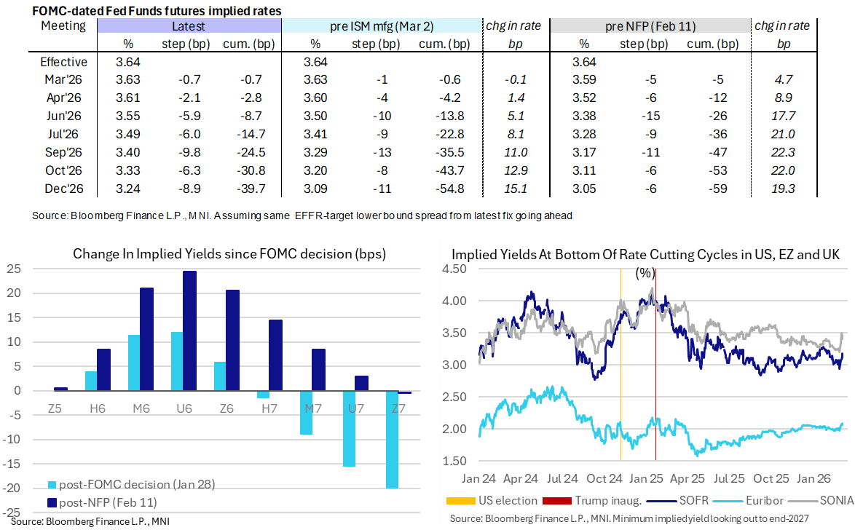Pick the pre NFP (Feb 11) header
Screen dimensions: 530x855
tap(650, 26)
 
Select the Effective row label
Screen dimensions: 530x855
tap(64, 62)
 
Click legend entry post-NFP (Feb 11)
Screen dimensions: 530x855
tap(101, 502)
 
